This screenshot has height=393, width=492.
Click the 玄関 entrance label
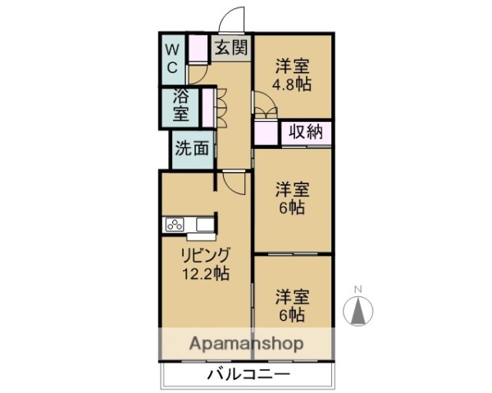tap(230, 47)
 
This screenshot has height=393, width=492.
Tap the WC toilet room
tap(173, 57)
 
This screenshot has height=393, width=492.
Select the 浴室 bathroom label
tap(180, 104)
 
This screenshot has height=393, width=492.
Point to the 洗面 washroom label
tap(193, 150)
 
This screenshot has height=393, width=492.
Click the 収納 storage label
tap(306, 132)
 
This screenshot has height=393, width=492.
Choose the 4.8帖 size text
tap(293, 84)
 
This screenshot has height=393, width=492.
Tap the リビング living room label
tap(205, 255)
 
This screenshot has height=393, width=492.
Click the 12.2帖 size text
tap(205, 273)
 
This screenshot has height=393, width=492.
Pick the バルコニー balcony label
tap(248, 376)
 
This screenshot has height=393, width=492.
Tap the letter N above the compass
tap(358, 289)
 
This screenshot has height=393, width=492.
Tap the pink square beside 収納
tap(266, 133)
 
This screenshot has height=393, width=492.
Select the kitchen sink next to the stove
tap(203, 224)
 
